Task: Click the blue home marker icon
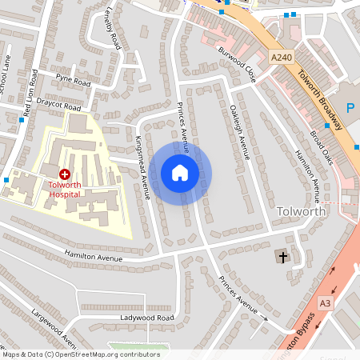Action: point(180,172)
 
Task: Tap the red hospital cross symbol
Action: point(65,174)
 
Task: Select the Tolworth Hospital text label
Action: point(65,189)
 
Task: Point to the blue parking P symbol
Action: point(350,108)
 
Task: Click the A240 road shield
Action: point(281,58)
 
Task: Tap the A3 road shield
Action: point(324,303)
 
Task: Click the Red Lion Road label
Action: point(30,94)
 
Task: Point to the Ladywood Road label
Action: point(147,318)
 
